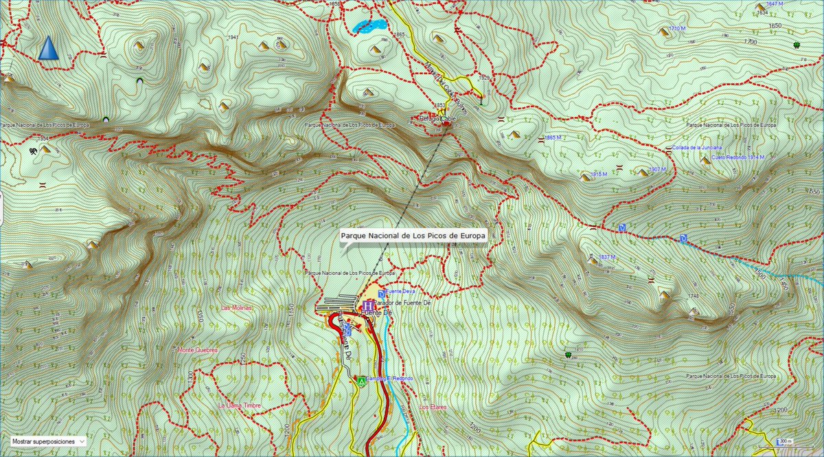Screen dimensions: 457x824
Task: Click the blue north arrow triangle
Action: tap(48, 49)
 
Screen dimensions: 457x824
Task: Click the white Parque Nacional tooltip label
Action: tap(413, 236)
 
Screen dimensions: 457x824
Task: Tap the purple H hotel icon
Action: tap(367, 304)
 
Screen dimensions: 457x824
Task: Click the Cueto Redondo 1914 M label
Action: tap(738, 157)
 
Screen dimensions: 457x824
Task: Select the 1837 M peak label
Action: tap(608, 257)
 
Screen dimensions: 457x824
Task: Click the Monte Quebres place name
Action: tap(198, 350)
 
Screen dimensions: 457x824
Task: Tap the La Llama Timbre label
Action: tap(239, 405)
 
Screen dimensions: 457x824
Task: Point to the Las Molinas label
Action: tap(237, 308)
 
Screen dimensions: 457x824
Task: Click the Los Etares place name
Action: tap(433, 407)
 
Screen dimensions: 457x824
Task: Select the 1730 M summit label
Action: tap(677, 28)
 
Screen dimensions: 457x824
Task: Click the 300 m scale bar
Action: tap(783, 441)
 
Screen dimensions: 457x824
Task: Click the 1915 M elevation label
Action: tap(599, 175)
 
